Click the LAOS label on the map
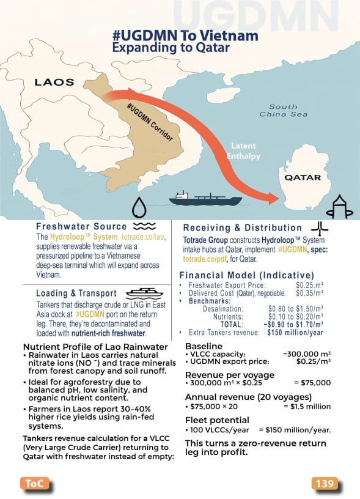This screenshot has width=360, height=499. pos(54,81)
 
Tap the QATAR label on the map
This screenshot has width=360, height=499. pos(303,177)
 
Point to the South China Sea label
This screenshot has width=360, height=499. pos(284,111)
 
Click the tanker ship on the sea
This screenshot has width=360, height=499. pos(205,198)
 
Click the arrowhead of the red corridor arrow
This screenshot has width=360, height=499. pos(271,197)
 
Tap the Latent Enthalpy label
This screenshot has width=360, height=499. pos(246,151)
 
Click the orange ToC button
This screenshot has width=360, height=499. pos(34,484)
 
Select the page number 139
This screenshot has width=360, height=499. pos(325,484)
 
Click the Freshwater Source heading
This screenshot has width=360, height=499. pos(81,227)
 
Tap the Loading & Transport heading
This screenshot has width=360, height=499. pos(76,293)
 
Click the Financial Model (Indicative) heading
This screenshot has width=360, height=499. pos(246,275)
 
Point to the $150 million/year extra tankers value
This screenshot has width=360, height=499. pos(295,332)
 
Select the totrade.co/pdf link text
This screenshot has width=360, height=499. pos(205,259)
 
